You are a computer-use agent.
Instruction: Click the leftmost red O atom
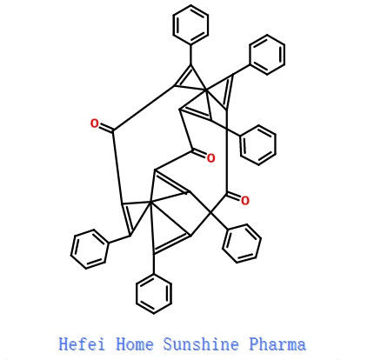[x=94, y=123]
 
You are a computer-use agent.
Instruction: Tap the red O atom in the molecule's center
[x=210, y=158]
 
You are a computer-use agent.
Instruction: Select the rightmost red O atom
[x=245, y=201]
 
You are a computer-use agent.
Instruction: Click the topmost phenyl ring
[x=190, y=24]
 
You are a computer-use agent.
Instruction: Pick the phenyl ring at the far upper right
[x=267, y=55]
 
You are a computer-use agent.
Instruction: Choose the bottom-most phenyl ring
[x=154, y=293]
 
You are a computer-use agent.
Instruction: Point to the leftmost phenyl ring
[x=90, y=249]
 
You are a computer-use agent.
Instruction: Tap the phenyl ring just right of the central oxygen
[x=258, y=145]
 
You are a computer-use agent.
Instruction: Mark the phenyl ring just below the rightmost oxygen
[x=242, y=243]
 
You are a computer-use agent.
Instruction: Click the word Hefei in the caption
[x=82, y=344]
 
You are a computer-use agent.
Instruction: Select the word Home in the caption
[x=135, y=344]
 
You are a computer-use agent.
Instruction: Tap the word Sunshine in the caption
[x=201, y=344]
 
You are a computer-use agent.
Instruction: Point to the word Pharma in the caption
[x=277, y=344]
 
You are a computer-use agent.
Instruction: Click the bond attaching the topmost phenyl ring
[x=190, y=55]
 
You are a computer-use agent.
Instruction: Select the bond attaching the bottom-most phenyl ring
[x=154, y=263]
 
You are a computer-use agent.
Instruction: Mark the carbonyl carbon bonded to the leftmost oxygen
[x=112, y=130]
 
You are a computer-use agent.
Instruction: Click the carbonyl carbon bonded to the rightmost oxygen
[x=227, y=194]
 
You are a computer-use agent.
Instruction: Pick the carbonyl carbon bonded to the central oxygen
[x=191, y=150]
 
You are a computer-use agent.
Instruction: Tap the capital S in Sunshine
[x=168, y=344]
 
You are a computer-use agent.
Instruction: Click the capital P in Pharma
[x=254, y=344]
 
